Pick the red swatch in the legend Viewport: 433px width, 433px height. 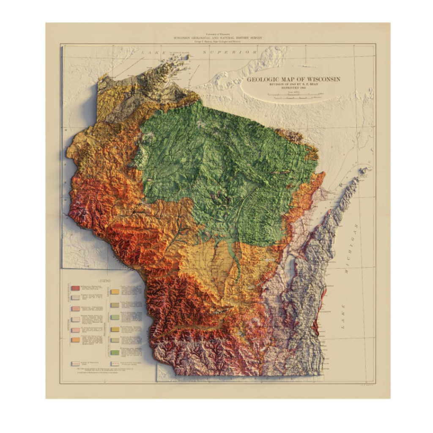click(x=75, y=288)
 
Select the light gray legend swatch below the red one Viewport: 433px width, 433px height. click(x=75, y=297)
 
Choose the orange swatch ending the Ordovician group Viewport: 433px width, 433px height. click(x=75, y=340)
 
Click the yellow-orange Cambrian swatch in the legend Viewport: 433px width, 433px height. click(x=115, y=291)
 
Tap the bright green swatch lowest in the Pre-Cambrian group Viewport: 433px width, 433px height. click(x=115, y=352)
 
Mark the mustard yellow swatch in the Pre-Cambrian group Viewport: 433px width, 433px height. click(x=115, y=329)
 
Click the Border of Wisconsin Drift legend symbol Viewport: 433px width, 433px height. click(x=75, y=363)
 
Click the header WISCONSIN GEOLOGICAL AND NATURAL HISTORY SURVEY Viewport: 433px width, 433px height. click(x=217, y=38)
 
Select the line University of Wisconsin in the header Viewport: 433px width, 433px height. click(x=217, y=34)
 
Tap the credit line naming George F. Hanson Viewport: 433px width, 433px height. click(x=217, y=41)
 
